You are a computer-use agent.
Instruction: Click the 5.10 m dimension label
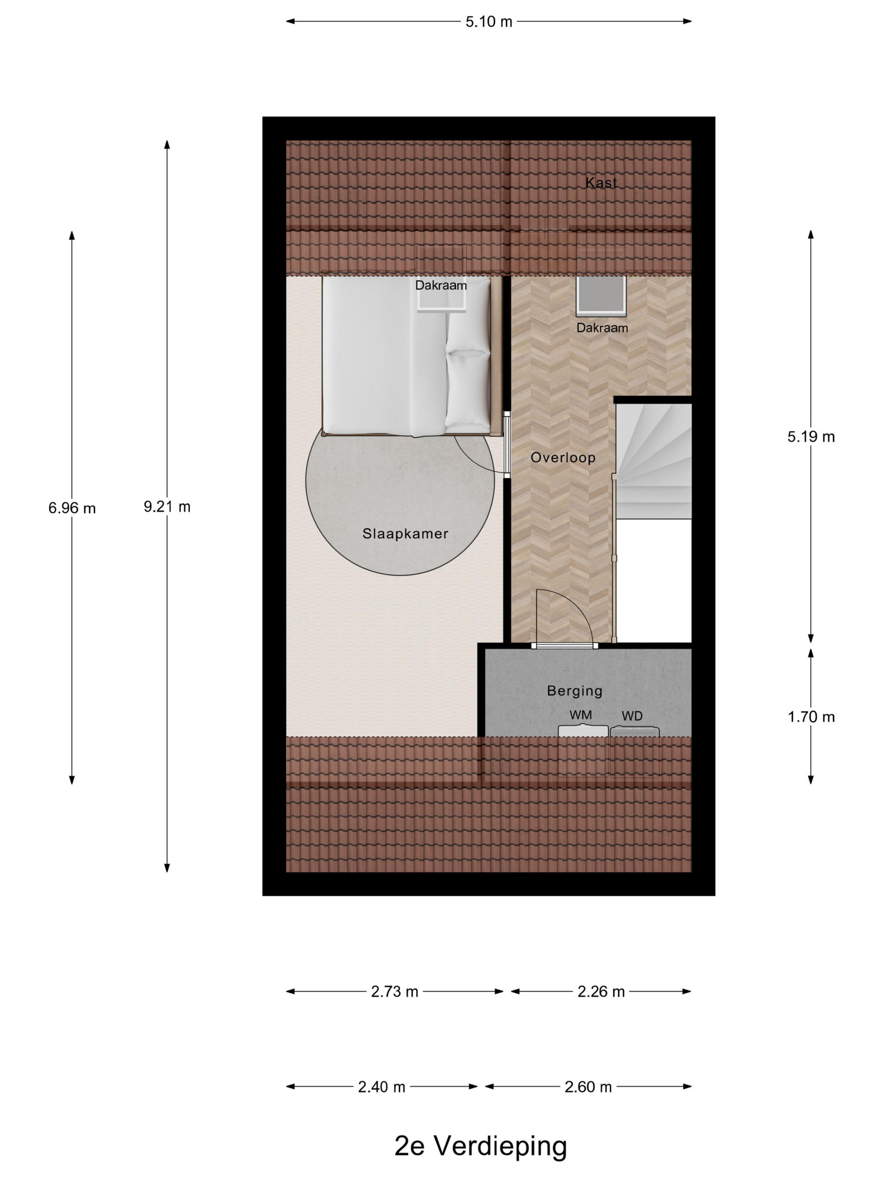coord(488,22)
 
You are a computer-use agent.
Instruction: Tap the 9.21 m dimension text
coord(167,507)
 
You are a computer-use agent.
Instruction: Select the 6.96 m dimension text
coord(72,508)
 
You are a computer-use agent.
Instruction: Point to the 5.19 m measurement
coord(810,437)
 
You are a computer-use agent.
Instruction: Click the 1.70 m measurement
coord(810,717)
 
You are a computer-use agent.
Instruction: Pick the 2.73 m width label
coord(394,991)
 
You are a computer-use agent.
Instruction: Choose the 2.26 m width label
coord(600,991)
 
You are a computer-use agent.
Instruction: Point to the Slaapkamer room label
coord(405,534)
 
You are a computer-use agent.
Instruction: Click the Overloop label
coord(563,458)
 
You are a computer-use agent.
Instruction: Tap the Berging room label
coord(574,691)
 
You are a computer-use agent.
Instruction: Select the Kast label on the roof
coord(601,182)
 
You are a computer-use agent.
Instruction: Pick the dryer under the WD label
coord(634,732)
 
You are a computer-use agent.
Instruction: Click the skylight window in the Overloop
coord(600,296)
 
